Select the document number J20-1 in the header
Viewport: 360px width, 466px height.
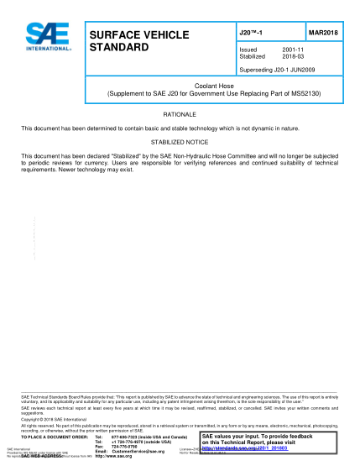coord(252,31)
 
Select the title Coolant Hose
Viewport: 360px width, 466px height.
coord(214,85)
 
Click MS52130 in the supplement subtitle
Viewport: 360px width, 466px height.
coord(295,92)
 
